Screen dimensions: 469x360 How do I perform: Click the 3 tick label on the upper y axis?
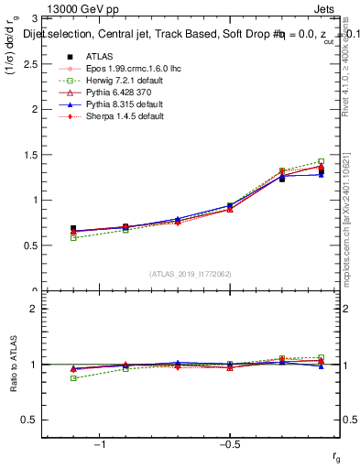(x=33, y=18)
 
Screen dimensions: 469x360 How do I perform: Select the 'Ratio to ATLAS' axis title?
(x=13, y=363)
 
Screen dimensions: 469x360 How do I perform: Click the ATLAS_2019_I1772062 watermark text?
(x=191, y=274)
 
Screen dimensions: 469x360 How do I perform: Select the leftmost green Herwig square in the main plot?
(x=73, y=238)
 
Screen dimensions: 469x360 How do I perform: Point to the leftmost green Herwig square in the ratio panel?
(x=73, y=377)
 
